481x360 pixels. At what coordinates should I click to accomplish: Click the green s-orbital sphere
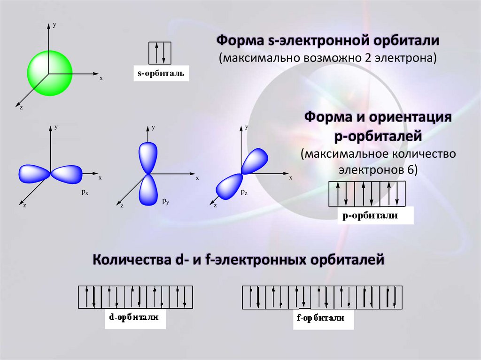coord(49,72)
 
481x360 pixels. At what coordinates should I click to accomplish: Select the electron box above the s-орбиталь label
coord(160,53)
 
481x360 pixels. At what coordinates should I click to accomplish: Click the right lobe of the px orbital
coord(67,174)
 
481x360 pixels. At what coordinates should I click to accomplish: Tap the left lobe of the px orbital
coord(33,174)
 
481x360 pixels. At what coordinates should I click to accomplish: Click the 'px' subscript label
coord(85,192)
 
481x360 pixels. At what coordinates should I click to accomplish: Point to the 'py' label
coord(165,201)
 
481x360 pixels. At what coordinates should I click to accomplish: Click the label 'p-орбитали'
coord(371,216)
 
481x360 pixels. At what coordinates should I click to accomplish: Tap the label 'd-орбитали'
coord(134,318)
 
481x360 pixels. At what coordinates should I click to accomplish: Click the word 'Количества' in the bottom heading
coord(130,259)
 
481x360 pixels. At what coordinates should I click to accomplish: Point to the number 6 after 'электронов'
coord(412,169)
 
